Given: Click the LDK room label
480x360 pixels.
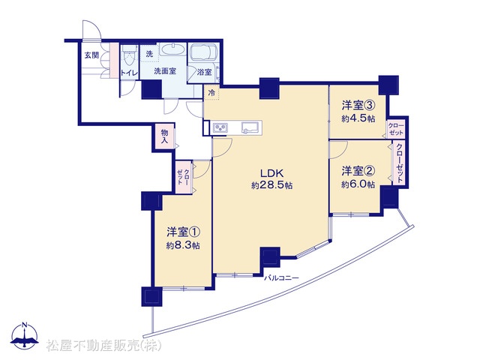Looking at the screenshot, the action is pyautogui.click(x=271, y=173).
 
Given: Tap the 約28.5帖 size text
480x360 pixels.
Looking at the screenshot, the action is pyautogui.click(x=271, y=185).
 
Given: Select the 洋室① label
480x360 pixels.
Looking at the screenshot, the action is pyautogui.click(x=183, y=232).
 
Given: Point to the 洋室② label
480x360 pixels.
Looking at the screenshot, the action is pyautogui.click(x=358, y=171).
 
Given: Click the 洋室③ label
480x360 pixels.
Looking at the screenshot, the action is pyautogui.click(x=358, y=106).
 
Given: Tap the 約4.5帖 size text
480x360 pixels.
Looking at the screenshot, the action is pyautogui.click(x=358, y=118).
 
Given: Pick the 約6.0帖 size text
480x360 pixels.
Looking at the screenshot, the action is pyautogui.click(x=358, y=184).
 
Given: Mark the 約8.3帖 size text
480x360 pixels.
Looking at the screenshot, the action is pyautogui.click(x=183, y=245).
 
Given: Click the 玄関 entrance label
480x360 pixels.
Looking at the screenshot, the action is pyautogui.click(x=91, y=55).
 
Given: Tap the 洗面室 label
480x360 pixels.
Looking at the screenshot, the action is pyautogui.click(x=165, y=71).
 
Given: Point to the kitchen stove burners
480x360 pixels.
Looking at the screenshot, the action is pyautogui.click(x=220, y=127).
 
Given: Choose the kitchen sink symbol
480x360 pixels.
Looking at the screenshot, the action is pyautogui.click(x=250, y=127).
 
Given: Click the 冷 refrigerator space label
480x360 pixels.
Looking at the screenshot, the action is pyautogui.click(x=211, y=93).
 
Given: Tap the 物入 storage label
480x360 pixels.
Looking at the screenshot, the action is pyautogui.click(x=165, y=136).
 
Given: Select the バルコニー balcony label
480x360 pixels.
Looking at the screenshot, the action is pyautogui.click(x=281, y=278).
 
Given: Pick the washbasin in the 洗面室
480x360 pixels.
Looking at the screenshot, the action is pyautogui.click(x=172, y=50).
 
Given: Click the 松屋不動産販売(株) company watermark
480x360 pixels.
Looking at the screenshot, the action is pyautogui.click(x=104, y=346).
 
